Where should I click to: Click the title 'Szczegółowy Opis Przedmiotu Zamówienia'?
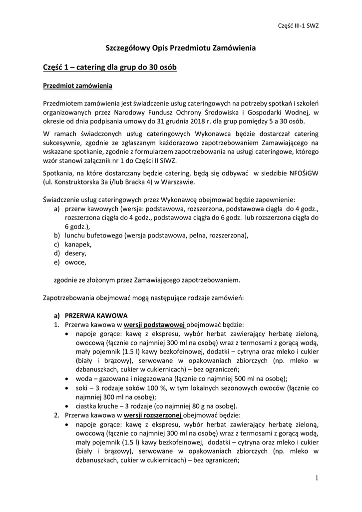tap(181, 48)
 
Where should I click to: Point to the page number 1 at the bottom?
tap(317, 478)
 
